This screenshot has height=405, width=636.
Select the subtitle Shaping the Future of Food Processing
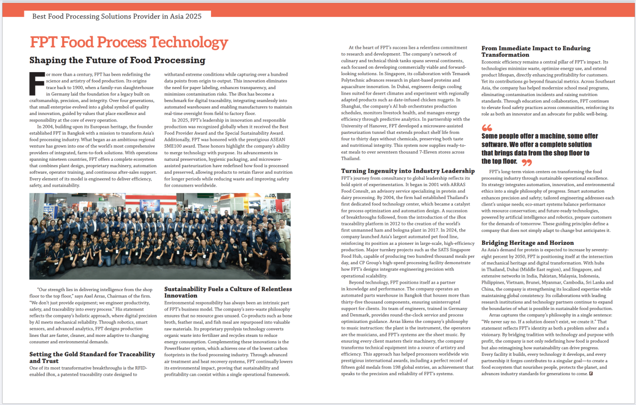pyautogui.click(x=117, y=60)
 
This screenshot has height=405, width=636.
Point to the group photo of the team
pyautogui.click(x=160, y=236)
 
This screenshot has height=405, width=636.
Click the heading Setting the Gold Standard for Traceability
pyautogui.click(x=92, y=354)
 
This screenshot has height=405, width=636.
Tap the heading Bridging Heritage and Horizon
pyautogui.click(x=528, y=243)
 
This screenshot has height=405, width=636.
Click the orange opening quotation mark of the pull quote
pyautogui.click(x=487, y=128)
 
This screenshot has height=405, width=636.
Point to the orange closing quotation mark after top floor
pyautogui.click(x=526, y=162)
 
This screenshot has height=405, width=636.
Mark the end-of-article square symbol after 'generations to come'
pyautogui.click(x=591, y=374)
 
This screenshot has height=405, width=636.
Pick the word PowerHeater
pyautogui.click(x=180, y=348)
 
